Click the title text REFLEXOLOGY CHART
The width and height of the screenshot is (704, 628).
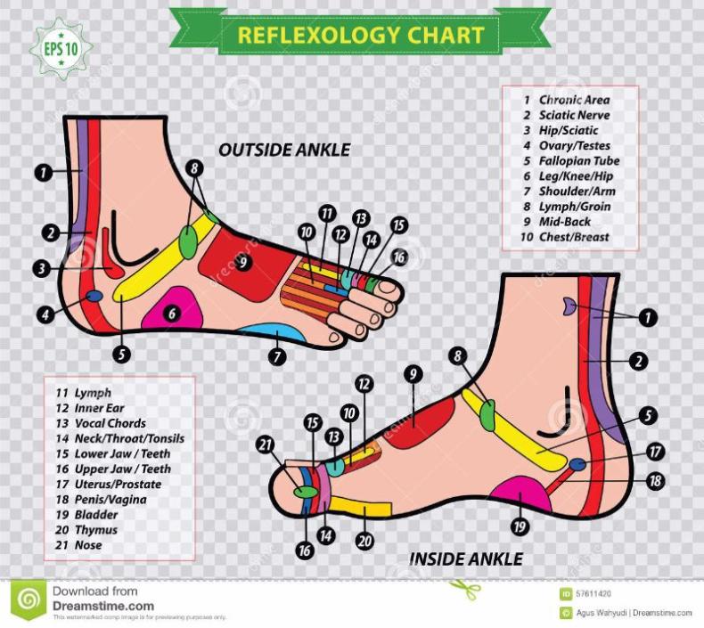pos(360,35)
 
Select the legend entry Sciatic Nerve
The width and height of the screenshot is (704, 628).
pos(574,115)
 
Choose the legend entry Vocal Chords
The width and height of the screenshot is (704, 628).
pos(110,423)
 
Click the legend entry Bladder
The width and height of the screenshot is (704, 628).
pos(95,514)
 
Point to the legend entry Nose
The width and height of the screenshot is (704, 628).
pos(88,545)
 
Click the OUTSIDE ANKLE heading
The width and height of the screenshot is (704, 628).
pos(284,149)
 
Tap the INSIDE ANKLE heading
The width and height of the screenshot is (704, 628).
pos(466,559)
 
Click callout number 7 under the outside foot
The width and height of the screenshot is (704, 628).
pos(278,355)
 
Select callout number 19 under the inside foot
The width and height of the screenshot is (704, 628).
pos(520,526)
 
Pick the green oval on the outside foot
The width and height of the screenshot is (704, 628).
pos(189,240)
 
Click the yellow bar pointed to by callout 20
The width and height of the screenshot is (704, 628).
pos(360,510)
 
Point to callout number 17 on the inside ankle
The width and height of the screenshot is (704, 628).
pos(656,452)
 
